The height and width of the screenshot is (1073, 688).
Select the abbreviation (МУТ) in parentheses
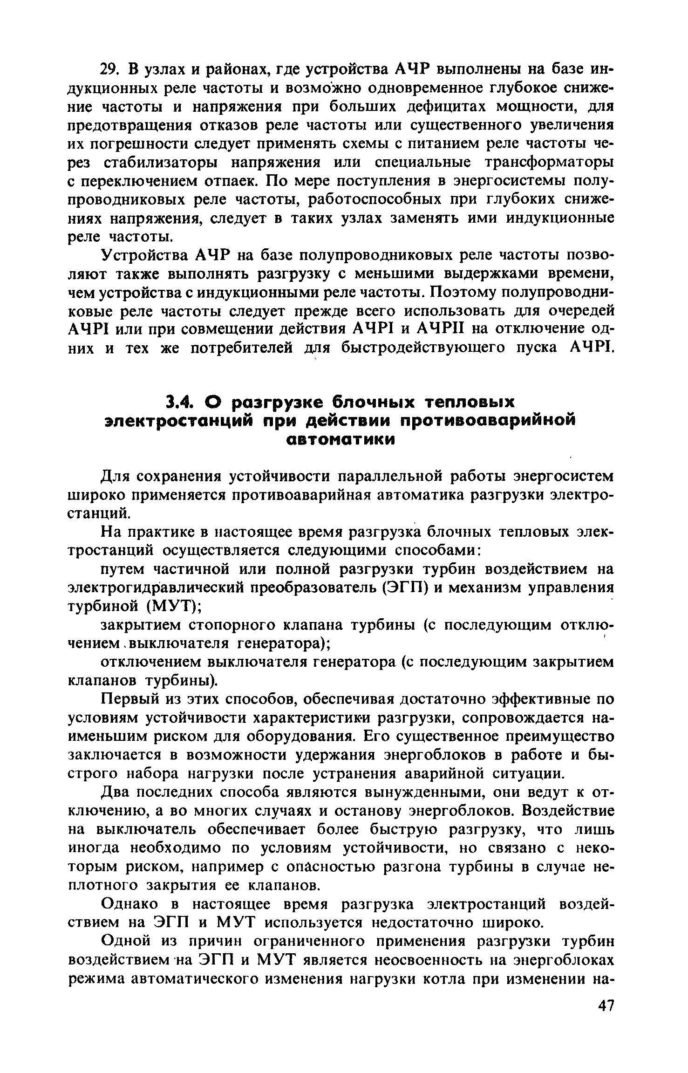(175, 607)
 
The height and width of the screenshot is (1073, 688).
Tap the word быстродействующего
(423, 348)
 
